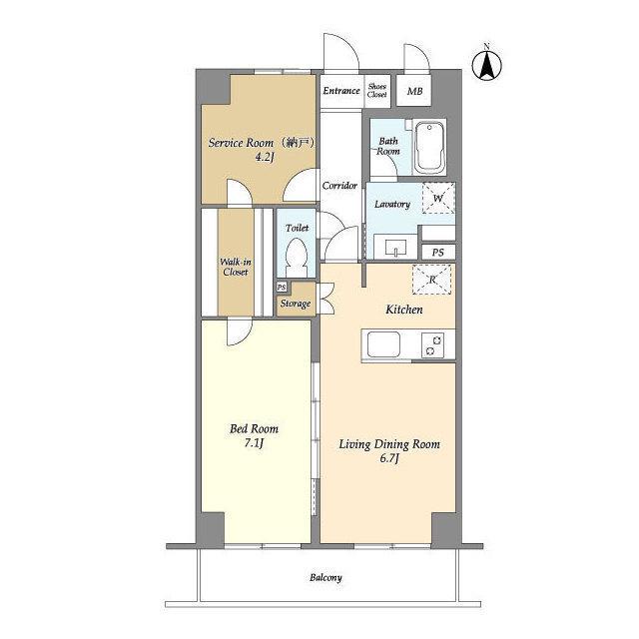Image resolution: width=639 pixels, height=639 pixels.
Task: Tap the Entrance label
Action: [341, 91]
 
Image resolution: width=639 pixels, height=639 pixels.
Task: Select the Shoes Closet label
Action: [377, 90]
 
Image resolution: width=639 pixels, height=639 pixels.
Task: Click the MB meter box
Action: [414, 91]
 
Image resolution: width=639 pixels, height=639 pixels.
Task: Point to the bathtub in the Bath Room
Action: [429, 147]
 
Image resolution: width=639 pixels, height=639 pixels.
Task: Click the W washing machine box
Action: [438, 198]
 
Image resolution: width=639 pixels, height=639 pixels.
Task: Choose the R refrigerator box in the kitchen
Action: [432, 280]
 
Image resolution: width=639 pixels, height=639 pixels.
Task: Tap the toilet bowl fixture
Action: [297, 257]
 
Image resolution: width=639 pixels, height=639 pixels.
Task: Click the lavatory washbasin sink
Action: [395, 248]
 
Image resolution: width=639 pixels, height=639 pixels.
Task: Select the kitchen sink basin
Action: [383, 344]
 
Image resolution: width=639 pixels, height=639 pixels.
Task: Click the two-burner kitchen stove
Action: [432, 344]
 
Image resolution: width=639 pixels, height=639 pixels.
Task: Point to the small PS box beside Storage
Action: [282, 288]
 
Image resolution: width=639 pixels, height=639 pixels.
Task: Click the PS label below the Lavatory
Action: [437, 253]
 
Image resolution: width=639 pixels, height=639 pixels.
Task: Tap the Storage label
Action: [296, 304]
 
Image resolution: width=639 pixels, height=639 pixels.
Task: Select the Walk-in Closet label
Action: [236, 267]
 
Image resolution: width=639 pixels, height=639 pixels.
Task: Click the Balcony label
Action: [325, 577]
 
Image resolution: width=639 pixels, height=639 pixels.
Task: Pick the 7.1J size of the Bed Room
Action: [254, 443]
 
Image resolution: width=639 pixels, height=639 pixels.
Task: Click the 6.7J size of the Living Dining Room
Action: [389, 459]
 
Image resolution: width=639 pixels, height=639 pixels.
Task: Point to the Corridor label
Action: [339, 186]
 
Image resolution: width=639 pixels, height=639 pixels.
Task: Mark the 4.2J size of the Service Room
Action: [264, 157]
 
